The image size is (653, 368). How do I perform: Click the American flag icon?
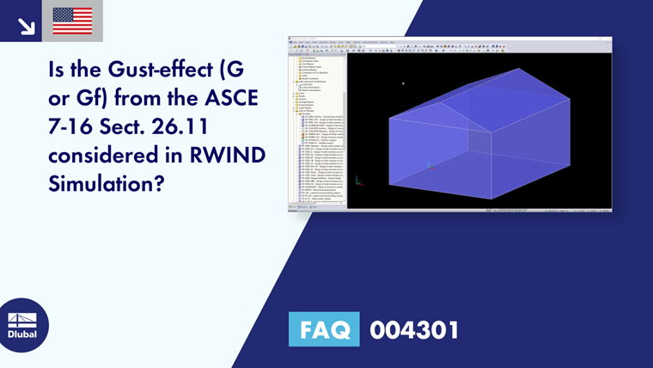[72, 21]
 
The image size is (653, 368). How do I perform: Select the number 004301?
[414, 329]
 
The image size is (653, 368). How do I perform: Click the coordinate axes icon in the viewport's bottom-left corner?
[358, 182]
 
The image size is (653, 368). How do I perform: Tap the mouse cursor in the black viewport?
[403, 83]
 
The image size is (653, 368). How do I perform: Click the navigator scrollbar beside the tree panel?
[345, 103]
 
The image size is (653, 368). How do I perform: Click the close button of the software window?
[608, 39]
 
